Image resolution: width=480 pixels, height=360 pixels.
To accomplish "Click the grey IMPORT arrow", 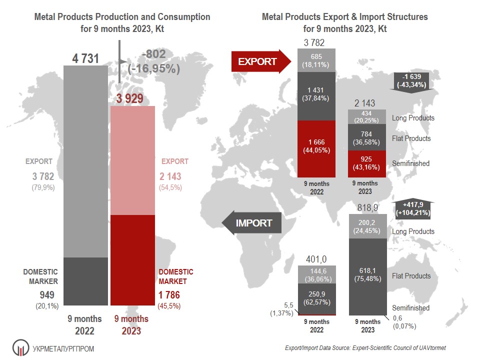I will coord(251,223).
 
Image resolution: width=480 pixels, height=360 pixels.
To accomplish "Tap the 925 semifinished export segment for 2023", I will coord(367,163).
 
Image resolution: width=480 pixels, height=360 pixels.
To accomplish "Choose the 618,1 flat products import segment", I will coord(367,275).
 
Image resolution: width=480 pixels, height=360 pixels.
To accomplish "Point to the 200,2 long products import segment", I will coord(367,226).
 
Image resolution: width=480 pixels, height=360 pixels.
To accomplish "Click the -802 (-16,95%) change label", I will coord(153,61).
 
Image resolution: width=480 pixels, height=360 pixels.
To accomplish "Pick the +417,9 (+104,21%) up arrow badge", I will coord(412,208).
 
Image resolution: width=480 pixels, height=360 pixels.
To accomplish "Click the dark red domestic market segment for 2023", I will coord(133,260).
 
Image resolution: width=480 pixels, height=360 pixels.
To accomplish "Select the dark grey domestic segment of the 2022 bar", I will coord(86,281).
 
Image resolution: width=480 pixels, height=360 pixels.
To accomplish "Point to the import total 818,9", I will coord(367,208).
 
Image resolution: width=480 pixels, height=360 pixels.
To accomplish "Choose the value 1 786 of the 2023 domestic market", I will coord(169,295).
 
